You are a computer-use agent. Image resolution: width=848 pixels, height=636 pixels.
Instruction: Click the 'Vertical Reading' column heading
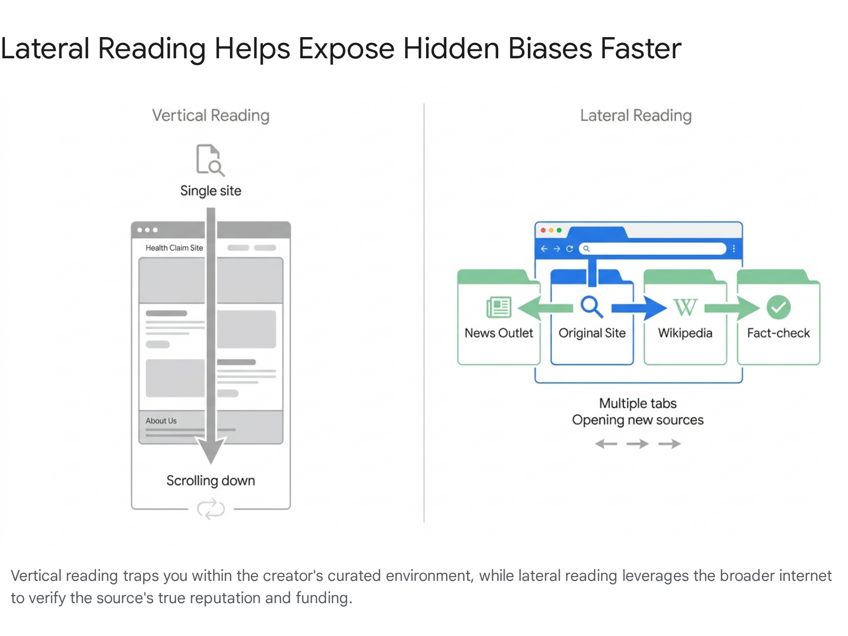pyautogui.click(x=210, y=116)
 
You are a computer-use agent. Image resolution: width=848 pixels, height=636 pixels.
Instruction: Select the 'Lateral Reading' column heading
pyautogui.click(x=636, y=116)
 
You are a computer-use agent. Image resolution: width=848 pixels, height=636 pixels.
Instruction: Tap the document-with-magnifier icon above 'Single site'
pyautogui.click(x=210, y=160)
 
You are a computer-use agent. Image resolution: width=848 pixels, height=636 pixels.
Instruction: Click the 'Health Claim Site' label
pyautogui.click(x=174, y=248)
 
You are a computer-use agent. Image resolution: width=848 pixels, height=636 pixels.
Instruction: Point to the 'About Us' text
pyautogui.click(x=161, y=421)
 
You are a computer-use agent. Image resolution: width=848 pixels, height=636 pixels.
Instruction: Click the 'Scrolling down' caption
pyautogui.click(x=210, y=481)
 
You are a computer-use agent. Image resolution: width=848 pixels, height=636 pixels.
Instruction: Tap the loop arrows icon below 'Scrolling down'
pyautogui.click(x=210, y=509)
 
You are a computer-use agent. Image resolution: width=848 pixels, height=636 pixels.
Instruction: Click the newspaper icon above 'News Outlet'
pyautogui.click(x=499, y=307)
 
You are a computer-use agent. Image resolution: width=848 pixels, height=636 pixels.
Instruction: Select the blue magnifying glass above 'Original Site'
pyautogui.click(x=591, y=307)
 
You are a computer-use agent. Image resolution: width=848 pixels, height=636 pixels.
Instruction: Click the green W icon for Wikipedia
pyautogui.click(x=685, y=307)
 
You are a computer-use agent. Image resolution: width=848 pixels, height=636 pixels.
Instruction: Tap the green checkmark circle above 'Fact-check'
pyautogui.click(x=779, y=307)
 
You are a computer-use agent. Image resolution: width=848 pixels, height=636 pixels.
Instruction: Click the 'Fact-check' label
pyautogui.click(x=779, y=333)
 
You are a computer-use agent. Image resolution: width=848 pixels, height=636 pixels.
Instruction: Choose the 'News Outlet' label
pyautogui.click(x=499, y=333)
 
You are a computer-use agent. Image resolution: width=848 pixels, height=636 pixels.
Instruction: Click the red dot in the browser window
pyautogui.click(x=543, y=231)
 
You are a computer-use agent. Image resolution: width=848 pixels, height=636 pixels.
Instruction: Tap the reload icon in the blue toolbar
pyautogui.click(x=569, y=249)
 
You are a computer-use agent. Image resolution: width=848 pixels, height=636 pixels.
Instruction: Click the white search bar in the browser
pyautogui.click(x=652, y=249)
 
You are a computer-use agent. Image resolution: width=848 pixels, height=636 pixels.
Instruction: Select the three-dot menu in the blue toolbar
pyautogui.click(x=734, y=249)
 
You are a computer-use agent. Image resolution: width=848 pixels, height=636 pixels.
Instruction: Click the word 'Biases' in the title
pyautogui.click(x=550, y=49)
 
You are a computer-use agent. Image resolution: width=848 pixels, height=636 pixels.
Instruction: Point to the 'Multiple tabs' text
pyautogui.click(x=638, y=403)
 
